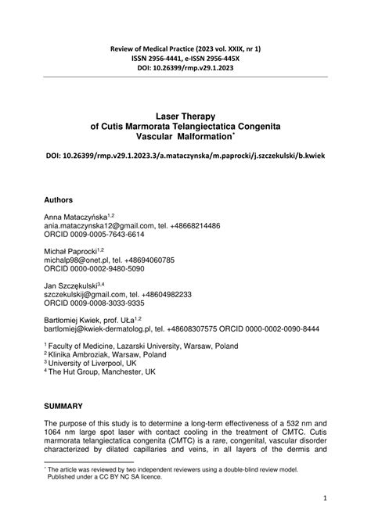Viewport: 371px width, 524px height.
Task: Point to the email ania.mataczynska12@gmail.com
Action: pos(95,225)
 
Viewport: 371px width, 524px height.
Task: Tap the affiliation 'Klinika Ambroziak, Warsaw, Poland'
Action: pos(107,354)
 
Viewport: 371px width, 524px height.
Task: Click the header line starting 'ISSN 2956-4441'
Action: pos(185,58)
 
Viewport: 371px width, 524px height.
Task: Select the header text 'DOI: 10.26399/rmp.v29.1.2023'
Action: pos(185,67)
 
